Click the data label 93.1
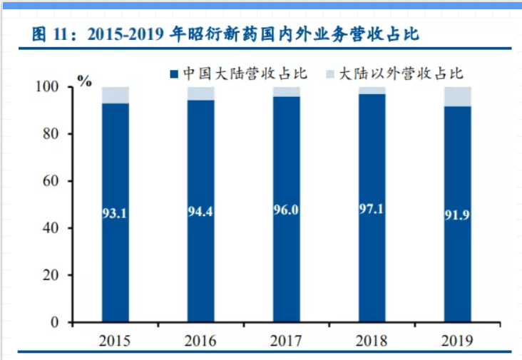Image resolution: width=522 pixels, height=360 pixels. pos(116,212)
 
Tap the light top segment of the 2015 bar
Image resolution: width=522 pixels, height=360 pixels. pos(116,95)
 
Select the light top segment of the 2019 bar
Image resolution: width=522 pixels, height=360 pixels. pos(457,96)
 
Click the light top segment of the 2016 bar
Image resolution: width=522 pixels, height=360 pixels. pos(201,93)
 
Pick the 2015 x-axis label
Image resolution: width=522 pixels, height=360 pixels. pos(116,341)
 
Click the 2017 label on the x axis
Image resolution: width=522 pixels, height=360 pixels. pos(286,341)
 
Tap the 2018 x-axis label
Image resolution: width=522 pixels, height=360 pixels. pos(372,341)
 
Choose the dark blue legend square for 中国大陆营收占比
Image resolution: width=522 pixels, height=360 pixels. pos(173,73)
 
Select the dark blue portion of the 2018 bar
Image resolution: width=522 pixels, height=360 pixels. pos(372,271)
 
